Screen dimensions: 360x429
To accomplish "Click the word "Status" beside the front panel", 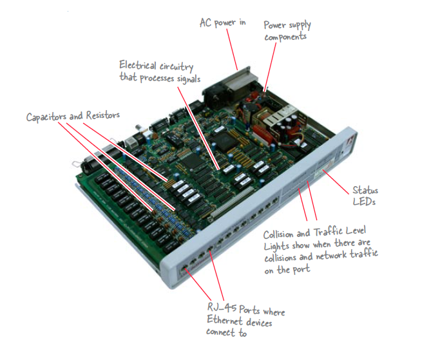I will coord(365,191).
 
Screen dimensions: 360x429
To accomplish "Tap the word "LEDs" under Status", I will coord(363,203).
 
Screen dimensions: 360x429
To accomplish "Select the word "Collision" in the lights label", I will coord(283,234).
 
